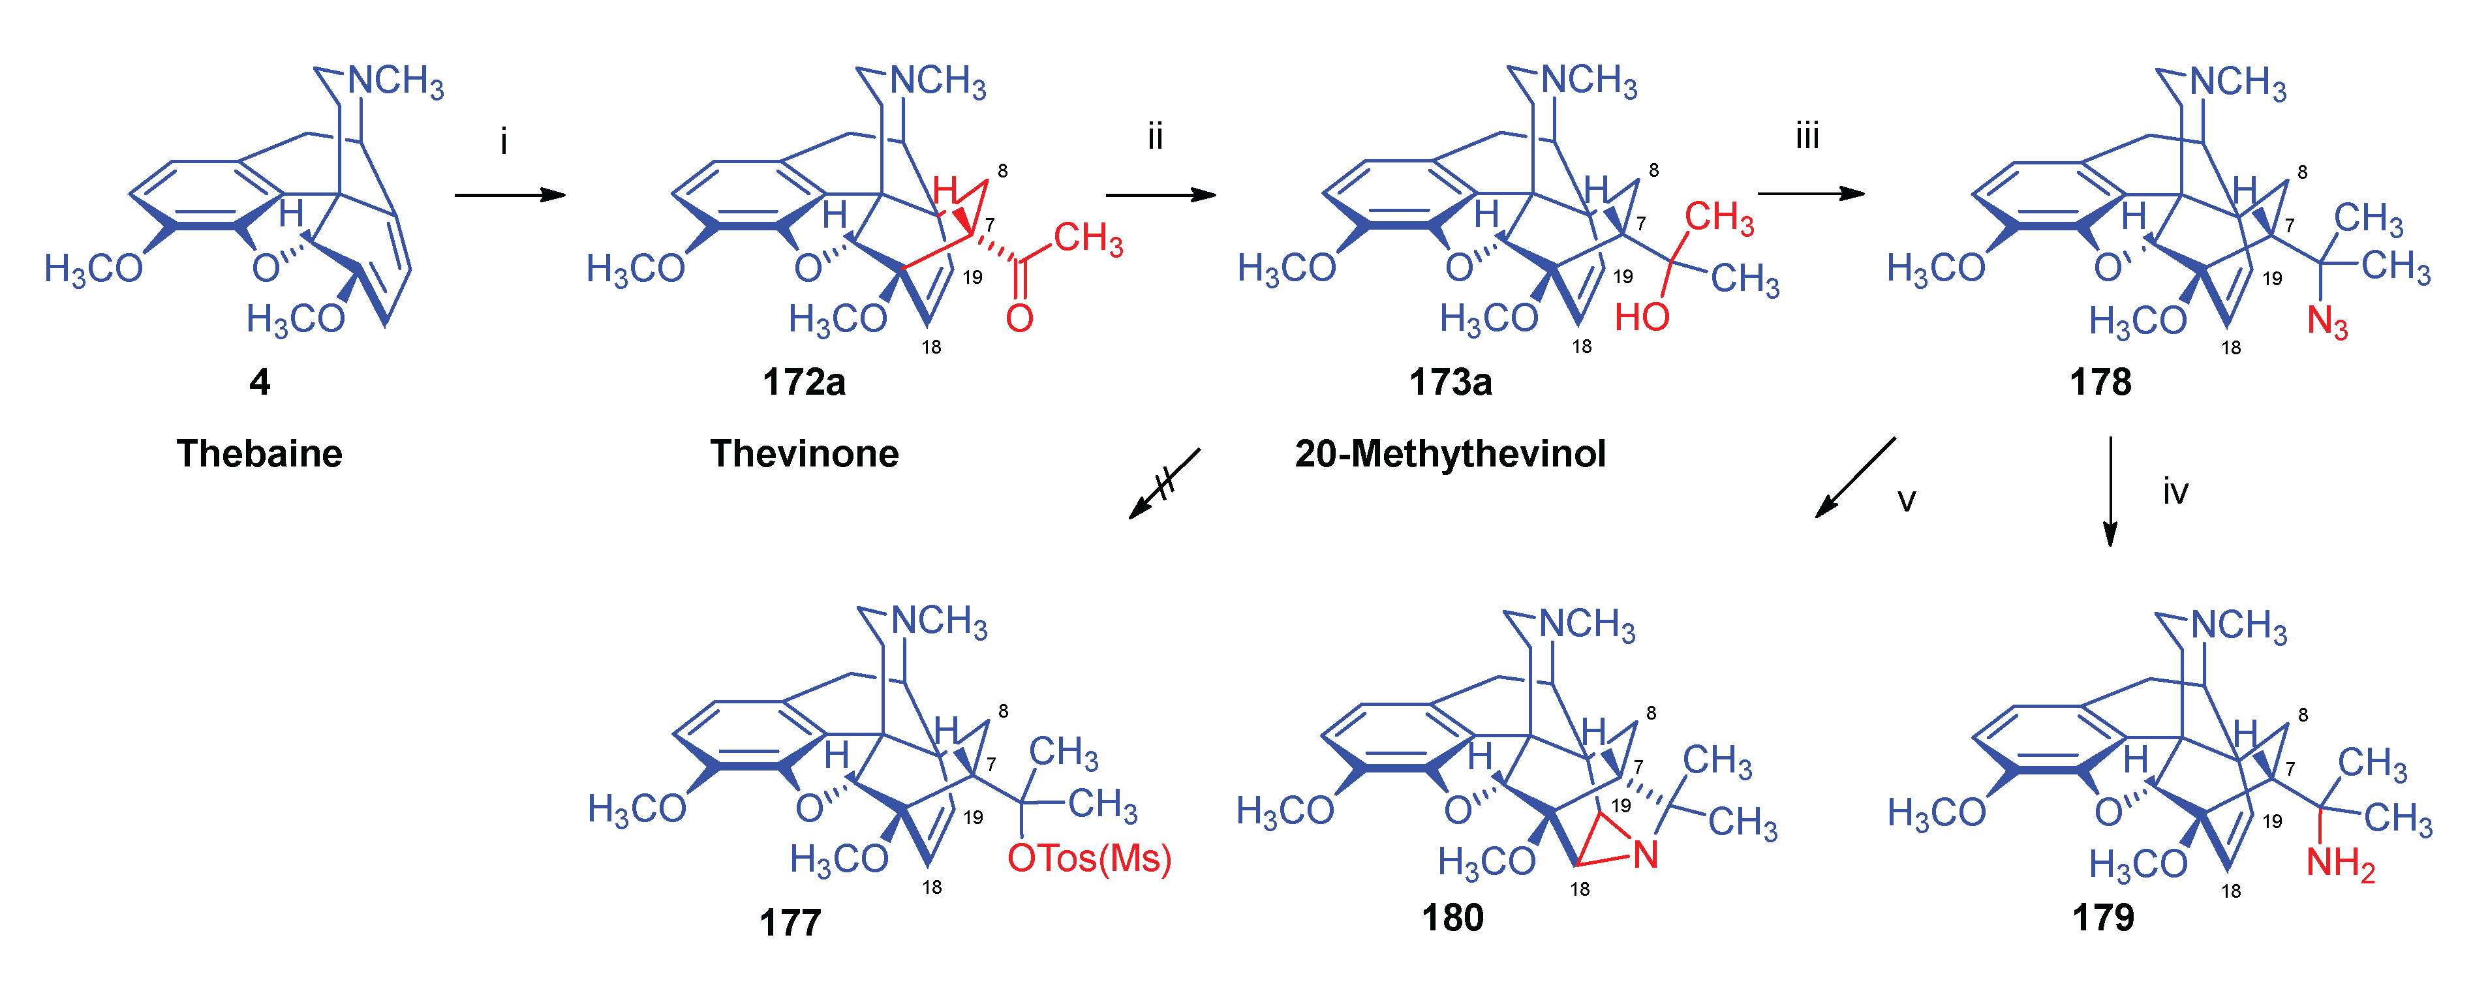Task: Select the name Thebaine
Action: click(x=259, y=453)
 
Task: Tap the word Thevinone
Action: click(x=805, y=453)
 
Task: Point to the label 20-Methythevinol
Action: click(x=1450, y=453)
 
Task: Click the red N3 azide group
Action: click(x=2327, y=322)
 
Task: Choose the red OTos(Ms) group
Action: click(x=1088, y=858)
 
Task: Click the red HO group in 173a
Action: click(x=1642, y=317)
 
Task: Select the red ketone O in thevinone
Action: click(x=1019, y=318)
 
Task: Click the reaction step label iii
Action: click(x=1807, y=136)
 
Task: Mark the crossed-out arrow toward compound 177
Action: click(x=1163, y=483)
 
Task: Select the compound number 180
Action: click(x=1452, y=918)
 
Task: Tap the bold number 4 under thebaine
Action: click(x=259, y=382)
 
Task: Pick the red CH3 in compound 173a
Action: click(x=1719, y=218)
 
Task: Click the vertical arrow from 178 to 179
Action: click(x=2110, y=491)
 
